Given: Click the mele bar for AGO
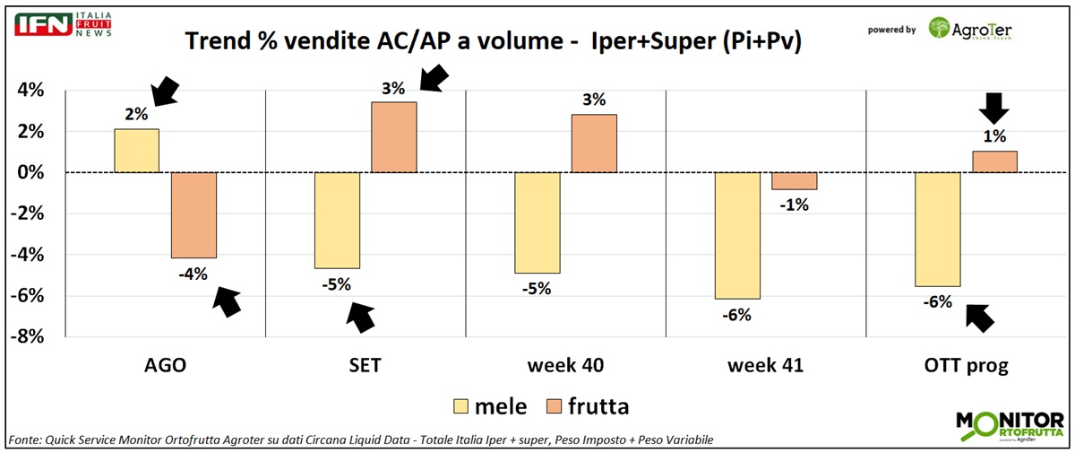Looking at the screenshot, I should coord(137,151).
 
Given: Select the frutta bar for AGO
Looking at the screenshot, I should coord(193,214).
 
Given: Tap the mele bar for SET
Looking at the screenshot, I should coord(337,220).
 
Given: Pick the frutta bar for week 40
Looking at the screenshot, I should coord(594,144).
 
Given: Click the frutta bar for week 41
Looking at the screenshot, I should coord(795,180).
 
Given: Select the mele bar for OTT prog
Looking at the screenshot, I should coord(937,229).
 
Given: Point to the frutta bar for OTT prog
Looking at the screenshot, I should coord(994,161).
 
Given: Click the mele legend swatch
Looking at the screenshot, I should coord(464,406).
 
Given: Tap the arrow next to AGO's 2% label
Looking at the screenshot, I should coord(165,91).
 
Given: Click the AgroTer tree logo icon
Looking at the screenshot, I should coord(941,29).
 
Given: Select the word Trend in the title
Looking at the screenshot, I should coord(214,41).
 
